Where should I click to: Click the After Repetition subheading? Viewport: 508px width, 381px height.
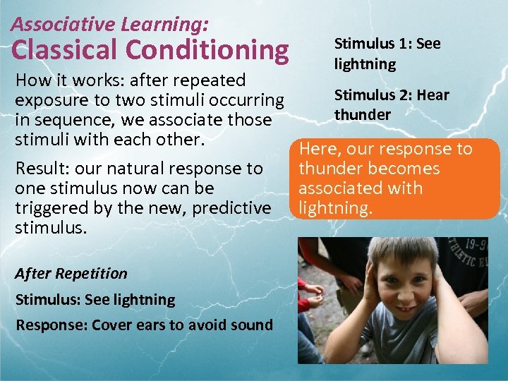pyautogui.click(x=72, y=274)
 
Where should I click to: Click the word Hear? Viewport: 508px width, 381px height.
pyautogui.click(x=433, y=95)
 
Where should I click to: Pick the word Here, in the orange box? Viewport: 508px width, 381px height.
pyautogui.click(x=321, y=149)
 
